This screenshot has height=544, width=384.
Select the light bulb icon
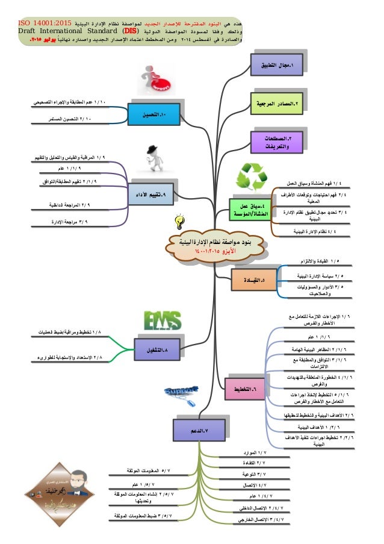click(178, 222)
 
